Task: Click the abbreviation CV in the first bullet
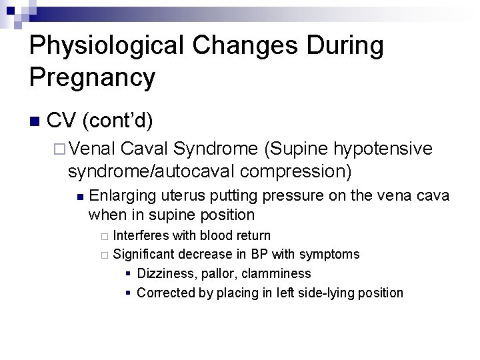(62, 121)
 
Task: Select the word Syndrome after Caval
(217, 149)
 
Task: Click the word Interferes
(141, 235)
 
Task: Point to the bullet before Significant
(103, 255)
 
